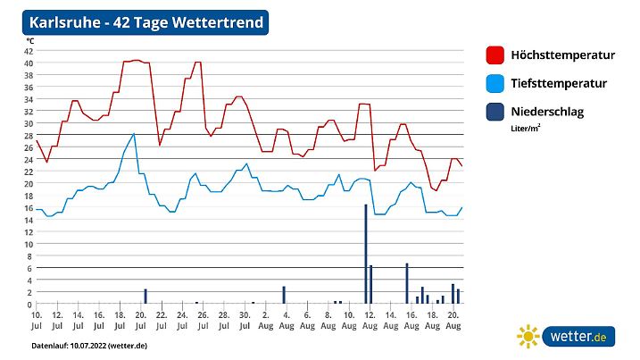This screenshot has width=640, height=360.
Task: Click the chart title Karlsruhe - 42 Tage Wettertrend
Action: pyautogui.click(x=146, y=22)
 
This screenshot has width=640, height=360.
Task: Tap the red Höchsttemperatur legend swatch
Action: pyautogui.click(x=495, y=55)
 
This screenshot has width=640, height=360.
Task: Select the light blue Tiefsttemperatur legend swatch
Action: pyautogui.click(x=495, y=84)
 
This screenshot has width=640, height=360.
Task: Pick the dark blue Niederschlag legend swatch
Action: pyautogui.click(x=495, y=113)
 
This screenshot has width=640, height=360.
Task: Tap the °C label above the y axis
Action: pyautogui.click(x=29, y=41)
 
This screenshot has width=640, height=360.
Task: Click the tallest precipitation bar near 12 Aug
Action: pyautogui.click(x=365, y=255)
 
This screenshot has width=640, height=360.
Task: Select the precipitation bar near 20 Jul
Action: pyautogui.click(x=145, y=297)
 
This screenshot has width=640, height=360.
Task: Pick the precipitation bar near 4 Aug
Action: pyautogui.click(x=284, y=296)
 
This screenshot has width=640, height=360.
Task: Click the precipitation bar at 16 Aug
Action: pyautogui.click(x=407, y=284)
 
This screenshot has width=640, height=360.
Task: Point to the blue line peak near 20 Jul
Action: pyautogui.click(x=134, y=134)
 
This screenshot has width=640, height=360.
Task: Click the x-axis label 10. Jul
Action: pyautogui.click(x=37, y=321)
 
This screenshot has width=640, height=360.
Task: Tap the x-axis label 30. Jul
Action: pyautogui.click(x=244, y=321)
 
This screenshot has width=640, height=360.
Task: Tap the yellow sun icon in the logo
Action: pyautogui.click(x=528, y=336)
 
